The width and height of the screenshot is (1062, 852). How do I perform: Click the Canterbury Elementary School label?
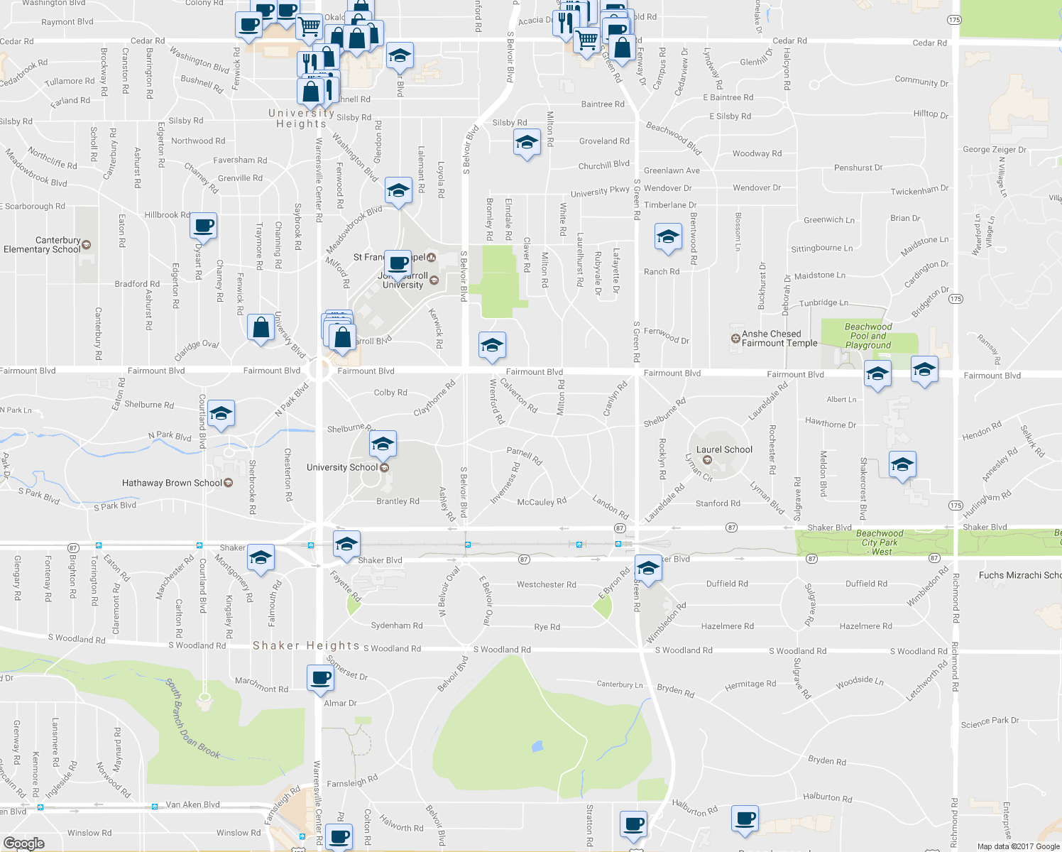point(43,245)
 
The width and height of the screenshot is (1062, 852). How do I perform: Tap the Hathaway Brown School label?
point(172,483)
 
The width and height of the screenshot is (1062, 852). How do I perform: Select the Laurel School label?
point(724,449)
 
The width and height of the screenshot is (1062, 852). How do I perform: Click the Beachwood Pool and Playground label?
point(868,336)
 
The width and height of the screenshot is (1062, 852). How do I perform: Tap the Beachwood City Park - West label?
point(880,542)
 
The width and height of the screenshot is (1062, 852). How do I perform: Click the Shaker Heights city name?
point(306,645)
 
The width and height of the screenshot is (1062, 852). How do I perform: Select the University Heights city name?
point(301,118)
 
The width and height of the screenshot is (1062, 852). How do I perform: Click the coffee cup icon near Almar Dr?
point(320,677)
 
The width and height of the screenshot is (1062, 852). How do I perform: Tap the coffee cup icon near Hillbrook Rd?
point(204,226)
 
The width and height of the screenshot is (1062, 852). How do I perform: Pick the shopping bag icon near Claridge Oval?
point(261,328)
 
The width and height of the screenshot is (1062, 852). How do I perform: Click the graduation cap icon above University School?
point(383,444)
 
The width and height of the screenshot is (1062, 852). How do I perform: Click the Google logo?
point(23,843)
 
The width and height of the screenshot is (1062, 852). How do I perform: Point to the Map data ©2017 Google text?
point(1018,846)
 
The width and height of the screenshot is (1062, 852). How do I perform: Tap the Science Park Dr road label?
point(990,722)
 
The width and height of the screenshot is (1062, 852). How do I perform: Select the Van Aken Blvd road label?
point(192,804)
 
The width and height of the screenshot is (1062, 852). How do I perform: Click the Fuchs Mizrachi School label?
point(1019,575)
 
